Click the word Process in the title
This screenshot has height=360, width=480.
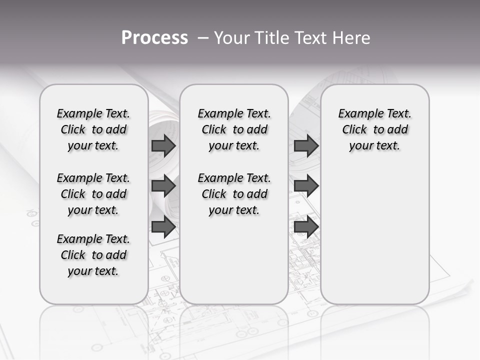154,37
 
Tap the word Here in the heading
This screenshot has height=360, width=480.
350,37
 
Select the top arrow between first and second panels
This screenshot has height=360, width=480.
163,146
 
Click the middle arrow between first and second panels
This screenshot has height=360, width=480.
163,186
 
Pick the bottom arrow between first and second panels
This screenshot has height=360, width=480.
163,227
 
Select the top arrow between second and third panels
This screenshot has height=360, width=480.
306,146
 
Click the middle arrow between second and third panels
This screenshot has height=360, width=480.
306,186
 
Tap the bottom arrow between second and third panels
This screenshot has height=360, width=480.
306,227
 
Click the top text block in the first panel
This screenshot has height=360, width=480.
93,129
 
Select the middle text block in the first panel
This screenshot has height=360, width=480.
93,194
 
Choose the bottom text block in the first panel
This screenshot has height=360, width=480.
93,255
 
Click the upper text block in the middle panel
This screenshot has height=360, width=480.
234,129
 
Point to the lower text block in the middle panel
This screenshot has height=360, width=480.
234,194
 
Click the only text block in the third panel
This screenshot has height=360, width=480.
375,129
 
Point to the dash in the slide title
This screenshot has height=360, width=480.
203,37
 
